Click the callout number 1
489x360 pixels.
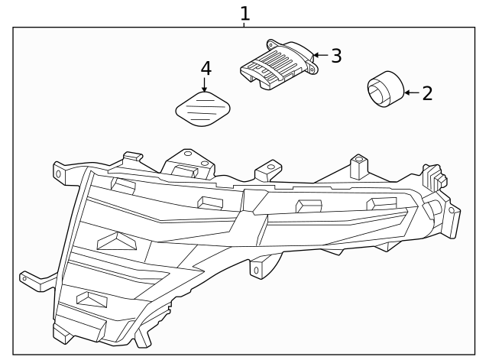244,13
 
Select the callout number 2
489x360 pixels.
427,93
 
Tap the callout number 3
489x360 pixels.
335,56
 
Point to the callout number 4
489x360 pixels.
205,68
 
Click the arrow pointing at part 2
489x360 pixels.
410,93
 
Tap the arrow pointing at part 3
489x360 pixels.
319,55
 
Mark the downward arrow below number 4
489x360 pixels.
205,85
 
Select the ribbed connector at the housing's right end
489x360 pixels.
436,177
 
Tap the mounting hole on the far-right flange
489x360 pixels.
454,210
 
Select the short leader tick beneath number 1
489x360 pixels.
244,24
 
